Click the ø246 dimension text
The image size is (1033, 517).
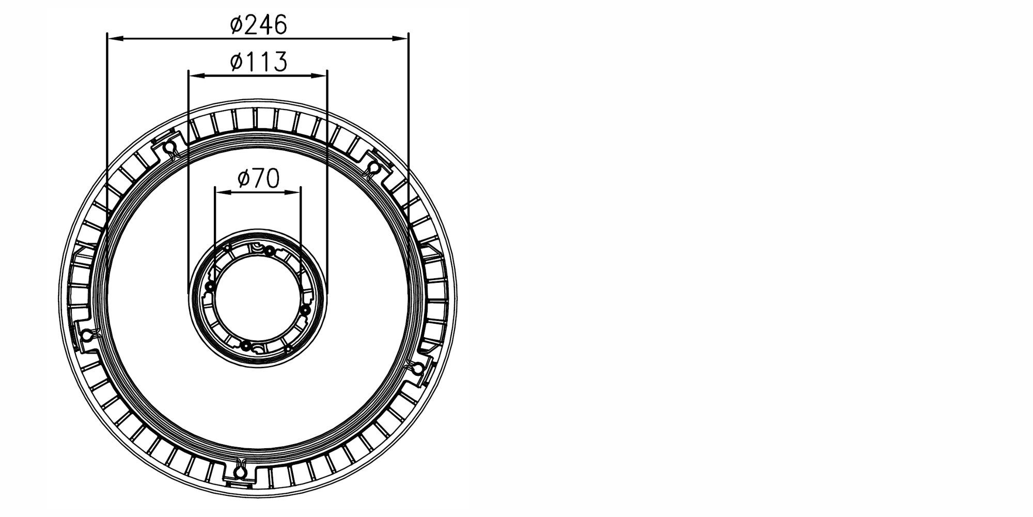coord(258,25)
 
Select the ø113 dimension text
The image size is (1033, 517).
coord(258,62)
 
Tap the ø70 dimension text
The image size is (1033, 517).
coord(258,178)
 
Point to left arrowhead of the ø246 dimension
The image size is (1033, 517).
coord(115,38)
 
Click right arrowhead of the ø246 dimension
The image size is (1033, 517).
coord(400,38)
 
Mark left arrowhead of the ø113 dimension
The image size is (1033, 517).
coord(196,75)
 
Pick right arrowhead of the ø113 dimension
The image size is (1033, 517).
coord(319,75)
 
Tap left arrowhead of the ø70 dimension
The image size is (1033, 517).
coord(223,192)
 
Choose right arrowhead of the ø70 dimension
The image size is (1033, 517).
coord(293,192)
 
